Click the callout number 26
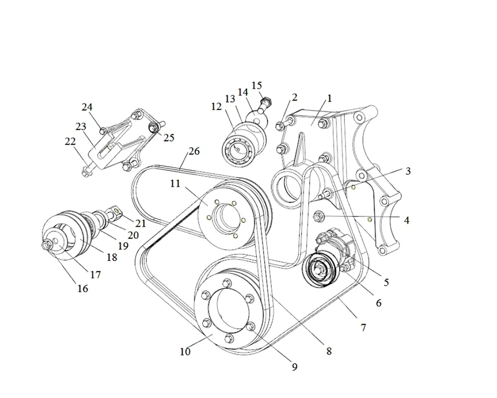[x=194, y=151]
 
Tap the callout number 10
[x=185, y=352]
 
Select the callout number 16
[x=83, y=288]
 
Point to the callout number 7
[x=363, y=327]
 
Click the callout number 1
[x=329, y=99]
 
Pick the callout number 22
[x=70, y=142]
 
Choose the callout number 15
[x=256, y=86]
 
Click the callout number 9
[x=295, y=367]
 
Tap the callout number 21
[x=141, y=223]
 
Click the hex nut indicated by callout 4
[x=320, y=216]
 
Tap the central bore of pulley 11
[x=223, y=219]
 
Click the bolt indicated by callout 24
[x=103, y=130]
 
